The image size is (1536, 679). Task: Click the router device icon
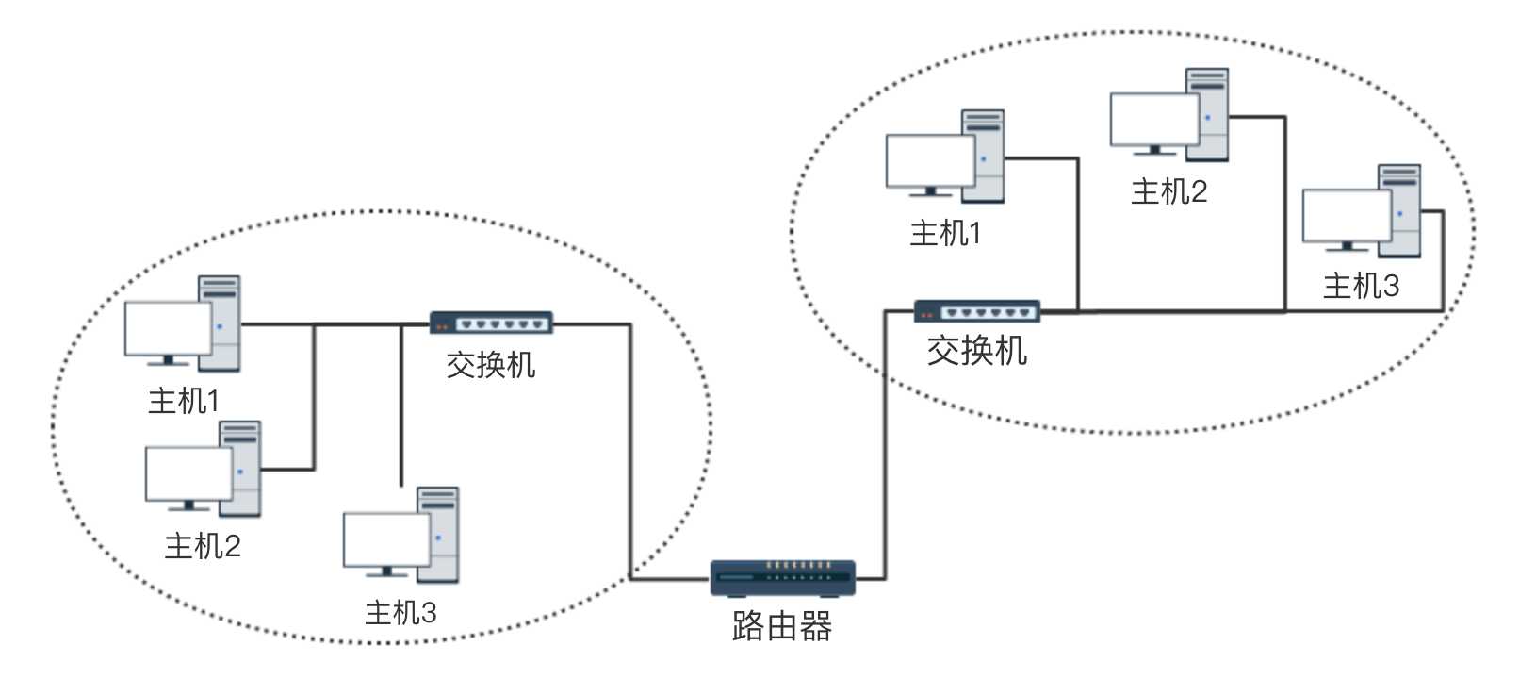[x=782, y=577]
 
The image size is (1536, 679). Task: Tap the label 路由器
[x=781, y=626]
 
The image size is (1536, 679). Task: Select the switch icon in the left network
[x=491, y=323]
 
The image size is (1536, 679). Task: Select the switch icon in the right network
[x=976, y=310]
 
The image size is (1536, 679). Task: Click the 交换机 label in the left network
[x=491, y=364]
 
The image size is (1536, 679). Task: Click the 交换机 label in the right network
[x=976, y=351]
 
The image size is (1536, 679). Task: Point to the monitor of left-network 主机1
[x=168, y=328]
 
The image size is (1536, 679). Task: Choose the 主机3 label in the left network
[x=400, y=613]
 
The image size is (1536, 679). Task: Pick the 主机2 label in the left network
[x=203, y=546]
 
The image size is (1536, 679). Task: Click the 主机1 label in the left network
[x=184, y=401]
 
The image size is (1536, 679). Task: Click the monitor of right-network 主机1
[x=929, y=161]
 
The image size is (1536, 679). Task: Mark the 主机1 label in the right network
[x=945, y=233]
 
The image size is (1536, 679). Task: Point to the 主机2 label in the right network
[x=1168, y=191]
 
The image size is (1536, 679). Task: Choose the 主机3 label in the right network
[x=1361, y=285]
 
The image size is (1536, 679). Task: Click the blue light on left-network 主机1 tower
[x=220, y=327]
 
